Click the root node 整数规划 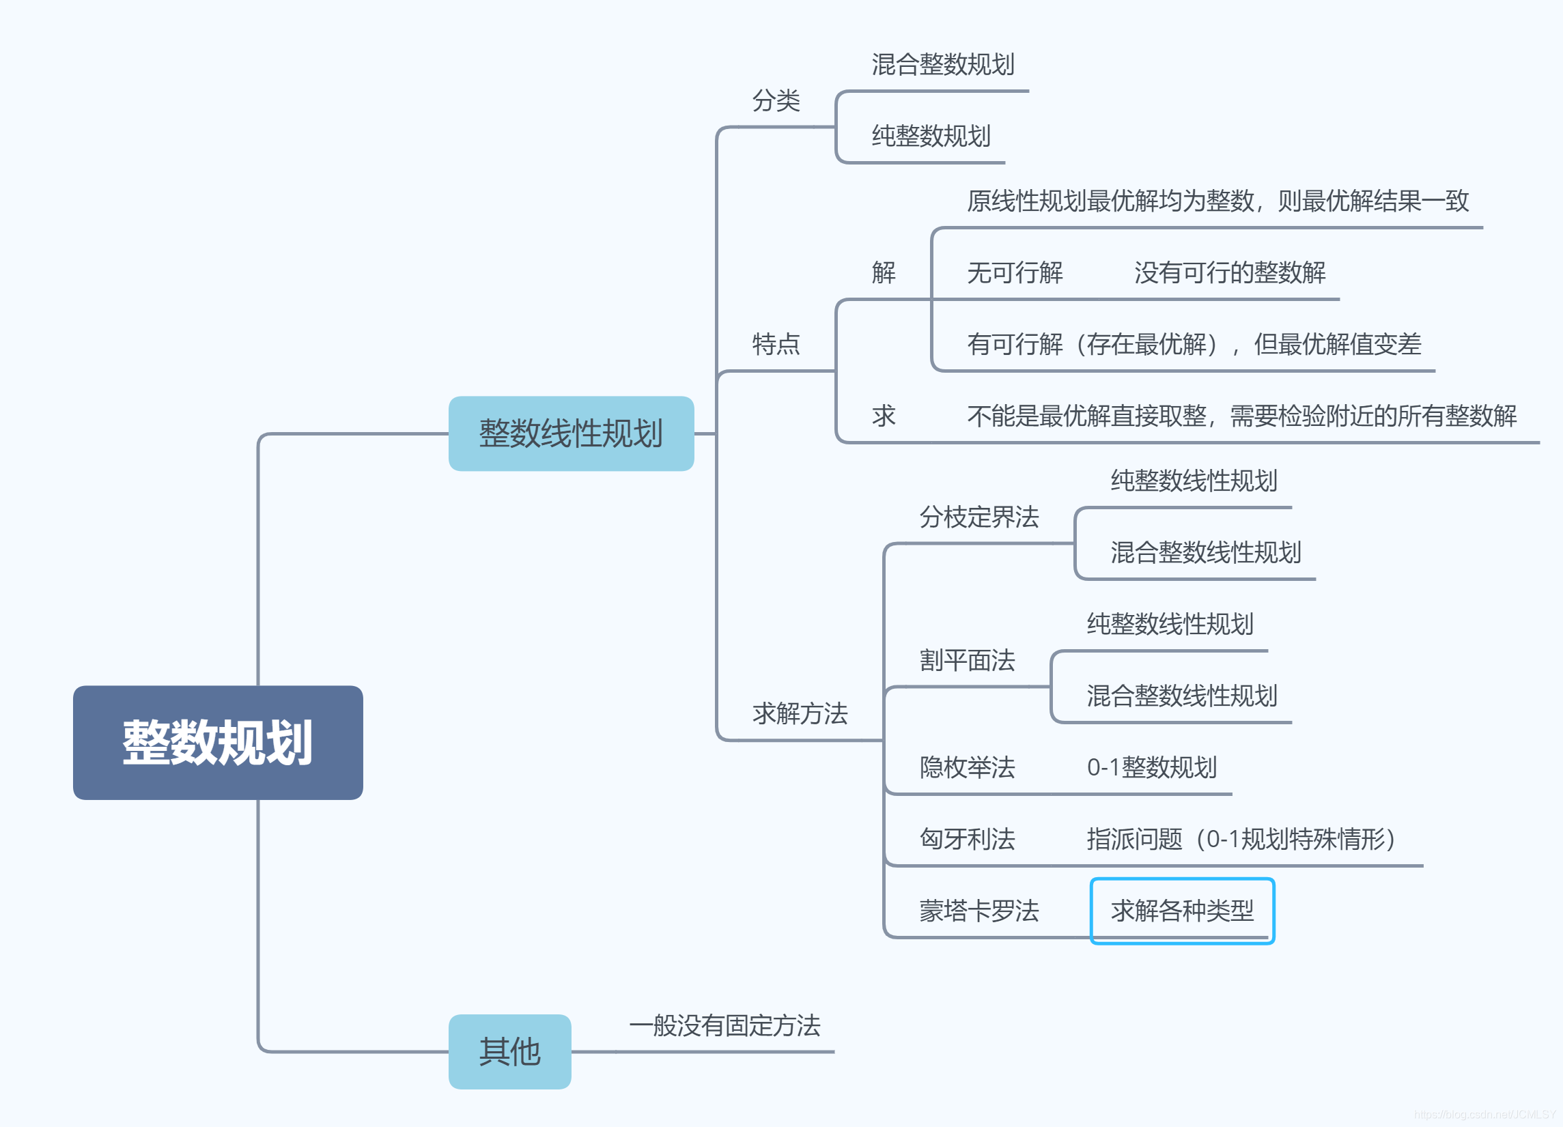(218, 742)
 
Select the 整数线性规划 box (571, 433)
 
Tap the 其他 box (509, 1051)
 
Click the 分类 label (776, 100)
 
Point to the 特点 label (776, 343)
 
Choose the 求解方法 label (800, 713)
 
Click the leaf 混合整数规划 (943, 65)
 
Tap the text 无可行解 (1015, 273)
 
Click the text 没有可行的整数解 (1230, 273)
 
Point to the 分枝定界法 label (978, 517)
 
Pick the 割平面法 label (967, 660)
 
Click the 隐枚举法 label (967, 767)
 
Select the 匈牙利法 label (967, 838)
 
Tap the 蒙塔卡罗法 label (978, 911)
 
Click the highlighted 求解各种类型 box (1182, 911)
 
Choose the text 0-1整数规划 (1151, 767)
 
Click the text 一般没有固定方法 (724, 1025)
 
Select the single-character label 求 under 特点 (884, 416)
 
